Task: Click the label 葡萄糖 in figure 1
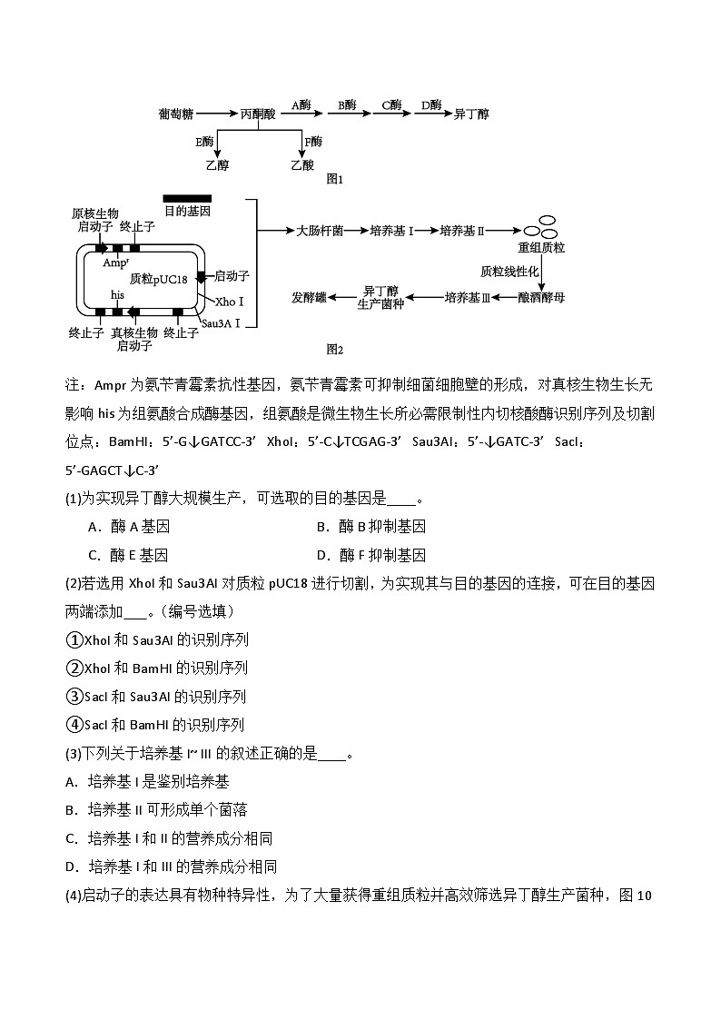click(175, 114)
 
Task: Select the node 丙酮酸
click(258, 114)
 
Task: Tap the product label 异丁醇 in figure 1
click(471, 114)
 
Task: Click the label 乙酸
click(302, 165)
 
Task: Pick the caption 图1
click(335, 180)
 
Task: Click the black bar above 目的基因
click(187, 198)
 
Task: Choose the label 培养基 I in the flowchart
click(391, 231)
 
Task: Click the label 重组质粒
click(541, 246)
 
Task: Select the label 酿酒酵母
click(541, 297)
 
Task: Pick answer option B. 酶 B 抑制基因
click(371, 527)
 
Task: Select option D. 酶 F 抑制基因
click(371, 555)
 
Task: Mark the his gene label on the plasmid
click(117, 295)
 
